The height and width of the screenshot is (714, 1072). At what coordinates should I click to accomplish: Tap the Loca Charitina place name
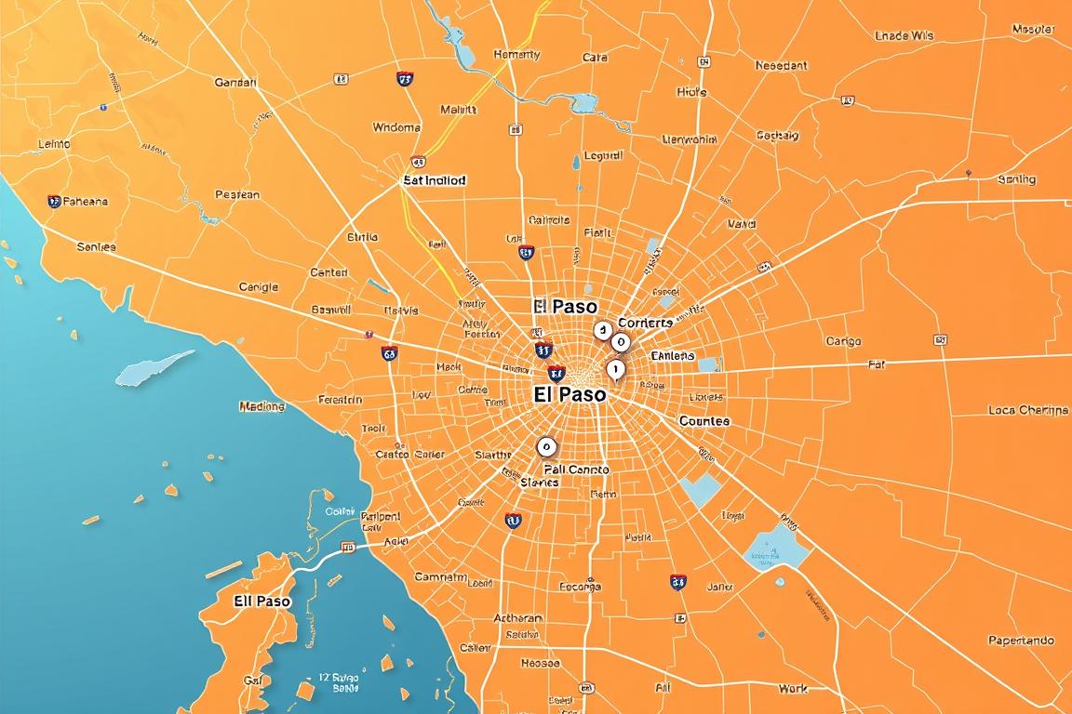tap(1028, 410)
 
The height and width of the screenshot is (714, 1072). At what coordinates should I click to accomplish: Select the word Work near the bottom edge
tap(793, 689)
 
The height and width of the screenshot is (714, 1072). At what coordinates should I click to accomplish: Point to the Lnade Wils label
tap(904, 36)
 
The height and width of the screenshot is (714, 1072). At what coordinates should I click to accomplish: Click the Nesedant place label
tap(781, 66)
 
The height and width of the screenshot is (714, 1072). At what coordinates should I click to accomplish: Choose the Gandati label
tap(235, 82)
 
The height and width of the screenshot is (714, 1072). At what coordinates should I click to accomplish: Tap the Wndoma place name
tap(396, 127)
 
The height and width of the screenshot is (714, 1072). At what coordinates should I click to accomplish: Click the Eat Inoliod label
tap(434, 180)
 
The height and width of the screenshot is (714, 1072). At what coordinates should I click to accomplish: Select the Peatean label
tap(237, 195)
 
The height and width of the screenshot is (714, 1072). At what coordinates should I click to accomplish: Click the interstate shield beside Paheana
tap(54, 201)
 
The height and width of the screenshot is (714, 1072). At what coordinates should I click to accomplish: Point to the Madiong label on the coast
tap(261, 406)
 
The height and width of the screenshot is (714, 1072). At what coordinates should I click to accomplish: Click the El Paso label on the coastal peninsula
tap(261, 602)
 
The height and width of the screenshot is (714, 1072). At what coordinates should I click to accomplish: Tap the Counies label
tap(704, 421)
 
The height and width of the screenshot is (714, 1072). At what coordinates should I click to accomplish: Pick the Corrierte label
tap(645, 323)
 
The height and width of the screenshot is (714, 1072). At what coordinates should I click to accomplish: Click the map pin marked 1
tap(614, 370)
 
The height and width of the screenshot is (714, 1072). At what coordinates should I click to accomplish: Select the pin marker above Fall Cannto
tap(546, 447)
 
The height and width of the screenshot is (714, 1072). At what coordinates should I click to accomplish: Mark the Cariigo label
tap(843, 341)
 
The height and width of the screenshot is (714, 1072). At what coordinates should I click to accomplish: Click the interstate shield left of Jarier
tap(678, 582)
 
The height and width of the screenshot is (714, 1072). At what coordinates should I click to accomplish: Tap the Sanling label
tap(1016, 179)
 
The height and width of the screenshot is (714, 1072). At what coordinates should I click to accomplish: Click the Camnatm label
tap(440, 577)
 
